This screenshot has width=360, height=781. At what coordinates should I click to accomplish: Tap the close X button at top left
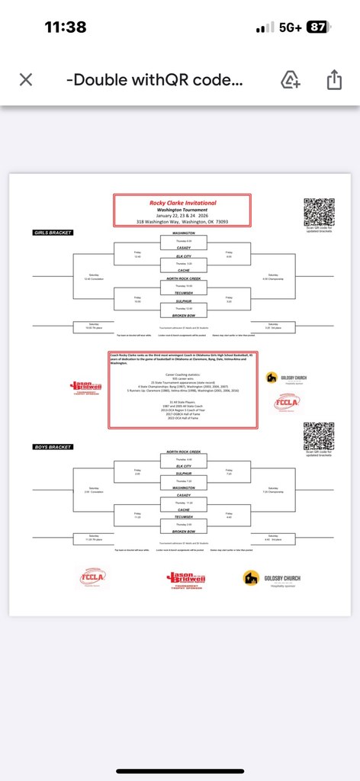pos(25,80)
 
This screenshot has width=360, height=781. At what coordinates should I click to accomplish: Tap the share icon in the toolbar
pos(334,80)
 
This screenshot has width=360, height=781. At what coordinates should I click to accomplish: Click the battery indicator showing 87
pos(317,27)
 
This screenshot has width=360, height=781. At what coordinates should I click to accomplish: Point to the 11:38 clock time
pos(66,27)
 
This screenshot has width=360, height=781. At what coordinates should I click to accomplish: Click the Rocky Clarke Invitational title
pos(182,203)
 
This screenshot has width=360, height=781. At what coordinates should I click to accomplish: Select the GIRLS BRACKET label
pos(53,232)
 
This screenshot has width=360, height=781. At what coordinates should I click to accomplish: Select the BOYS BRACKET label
pos(51,446)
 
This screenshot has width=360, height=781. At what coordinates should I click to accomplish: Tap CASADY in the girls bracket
pos(182,246)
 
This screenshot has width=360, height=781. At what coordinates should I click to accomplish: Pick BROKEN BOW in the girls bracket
pos(182,314)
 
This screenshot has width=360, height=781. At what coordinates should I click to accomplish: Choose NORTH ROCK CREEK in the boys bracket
pos(182,452)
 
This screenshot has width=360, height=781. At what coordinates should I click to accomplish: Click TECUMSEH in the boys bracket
pos(182,518)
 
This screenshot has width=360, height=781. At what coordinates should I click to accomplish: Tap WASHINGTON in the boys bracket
pos(182,487)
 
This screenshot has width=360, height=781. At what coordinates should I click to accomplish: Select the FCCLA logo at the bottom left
pos(96,577)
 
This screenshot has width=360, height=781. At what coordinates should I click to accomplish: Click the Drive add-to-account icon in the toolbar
pos(290,80)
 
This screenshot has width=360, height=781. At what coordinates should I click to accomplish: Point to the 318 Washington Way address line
pos(182,222)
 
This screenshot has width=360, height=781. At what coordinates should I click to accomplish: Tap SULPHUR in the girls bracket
pos(182,302)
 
